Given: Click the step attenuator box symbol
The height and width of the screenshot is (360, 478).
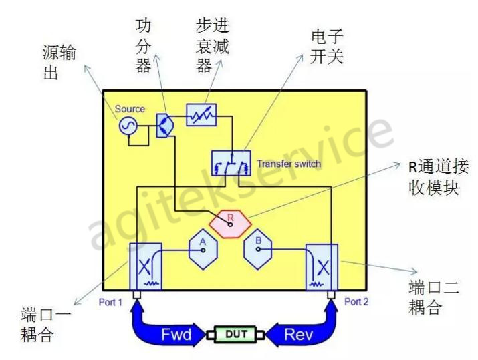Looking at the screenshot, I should tap(200, 115).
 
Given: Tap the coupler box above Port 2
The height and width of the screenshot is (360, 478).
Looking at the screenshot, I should tap(322, 265).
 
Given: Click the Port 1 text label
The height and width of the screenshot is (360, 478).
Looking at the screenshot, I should tap(110, 301).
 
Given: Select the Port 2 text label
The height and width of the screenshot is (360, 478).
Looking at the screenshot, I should tap(357, 301).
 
